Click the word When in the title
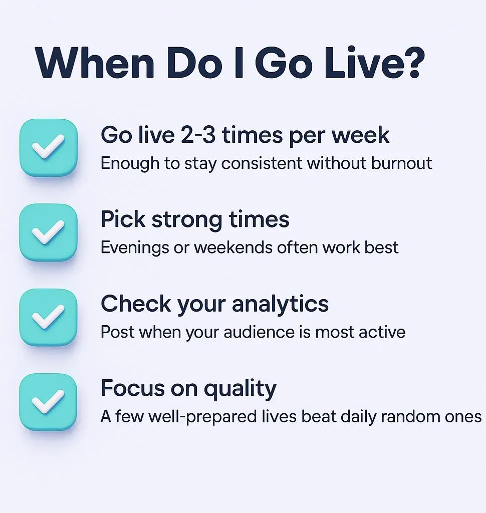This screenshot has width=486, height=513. pyautogui.click(x=95, y=63)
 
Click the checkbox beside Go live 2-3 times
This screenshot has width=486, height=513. pyautogui.click(x=49, y=148)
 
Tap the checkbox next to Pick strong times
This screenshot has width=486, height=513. pyautogui.click(x=49, y=232)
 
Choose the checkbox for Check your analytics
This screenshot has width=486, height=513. pyautogui.click(x=49, y=317)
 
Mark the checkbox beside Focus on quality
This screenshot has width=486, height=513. pyautogui.click(x=49, y=402)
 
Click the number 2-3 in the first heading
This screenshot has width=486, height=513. pyautogui.click(x=198, y=135)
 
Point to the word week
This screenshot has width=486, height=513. pyautogui.click(x=360, y=135)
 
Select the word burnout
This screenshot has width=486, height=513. pyautogui.click(x=401, y=163)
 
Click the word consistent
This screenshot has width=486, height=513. pyautogui.click(x=262, y=163)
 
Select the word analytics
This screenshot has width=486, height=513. pyautogui.click(x=280, y=304)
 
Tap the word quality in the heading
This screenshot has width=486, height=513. pyautogui.click(x=240, y=389)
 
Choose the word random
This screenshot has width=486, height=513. pyautogui.click(x=410, y=416)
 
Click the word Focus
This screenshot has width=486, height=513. pyautogui.click(x=133, y=388)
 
